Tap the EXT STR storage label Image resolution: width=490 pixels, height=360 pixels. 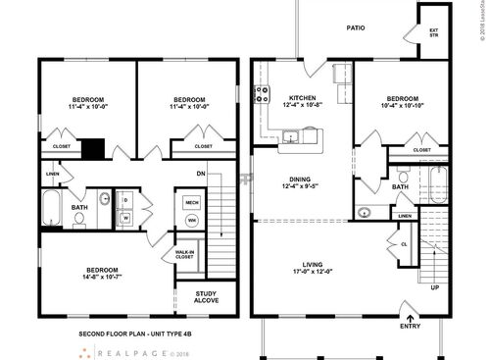coord(433,32)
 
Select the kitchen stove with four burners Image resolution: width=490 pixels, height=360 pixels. coord(262,96)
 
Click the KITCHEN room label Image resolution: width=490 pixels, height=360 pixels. coord(301,99)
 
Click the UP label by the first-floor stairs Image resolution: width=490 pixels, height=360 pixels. coord(434,288)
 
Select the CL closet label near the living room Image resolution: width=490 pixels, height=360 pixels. coord(404,243)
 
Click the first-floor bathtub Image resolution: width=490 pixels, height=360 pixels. coord(438,183)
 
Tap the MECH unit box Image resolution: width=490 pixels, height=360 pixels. coord(192,202)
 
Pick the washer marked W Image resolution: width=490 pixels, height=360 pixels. coord(126,219)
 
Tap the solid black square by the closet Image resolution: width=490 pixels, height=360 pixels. coord(93,149)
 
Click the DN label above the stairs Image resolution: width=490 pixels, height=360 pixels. coord(201,175)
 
